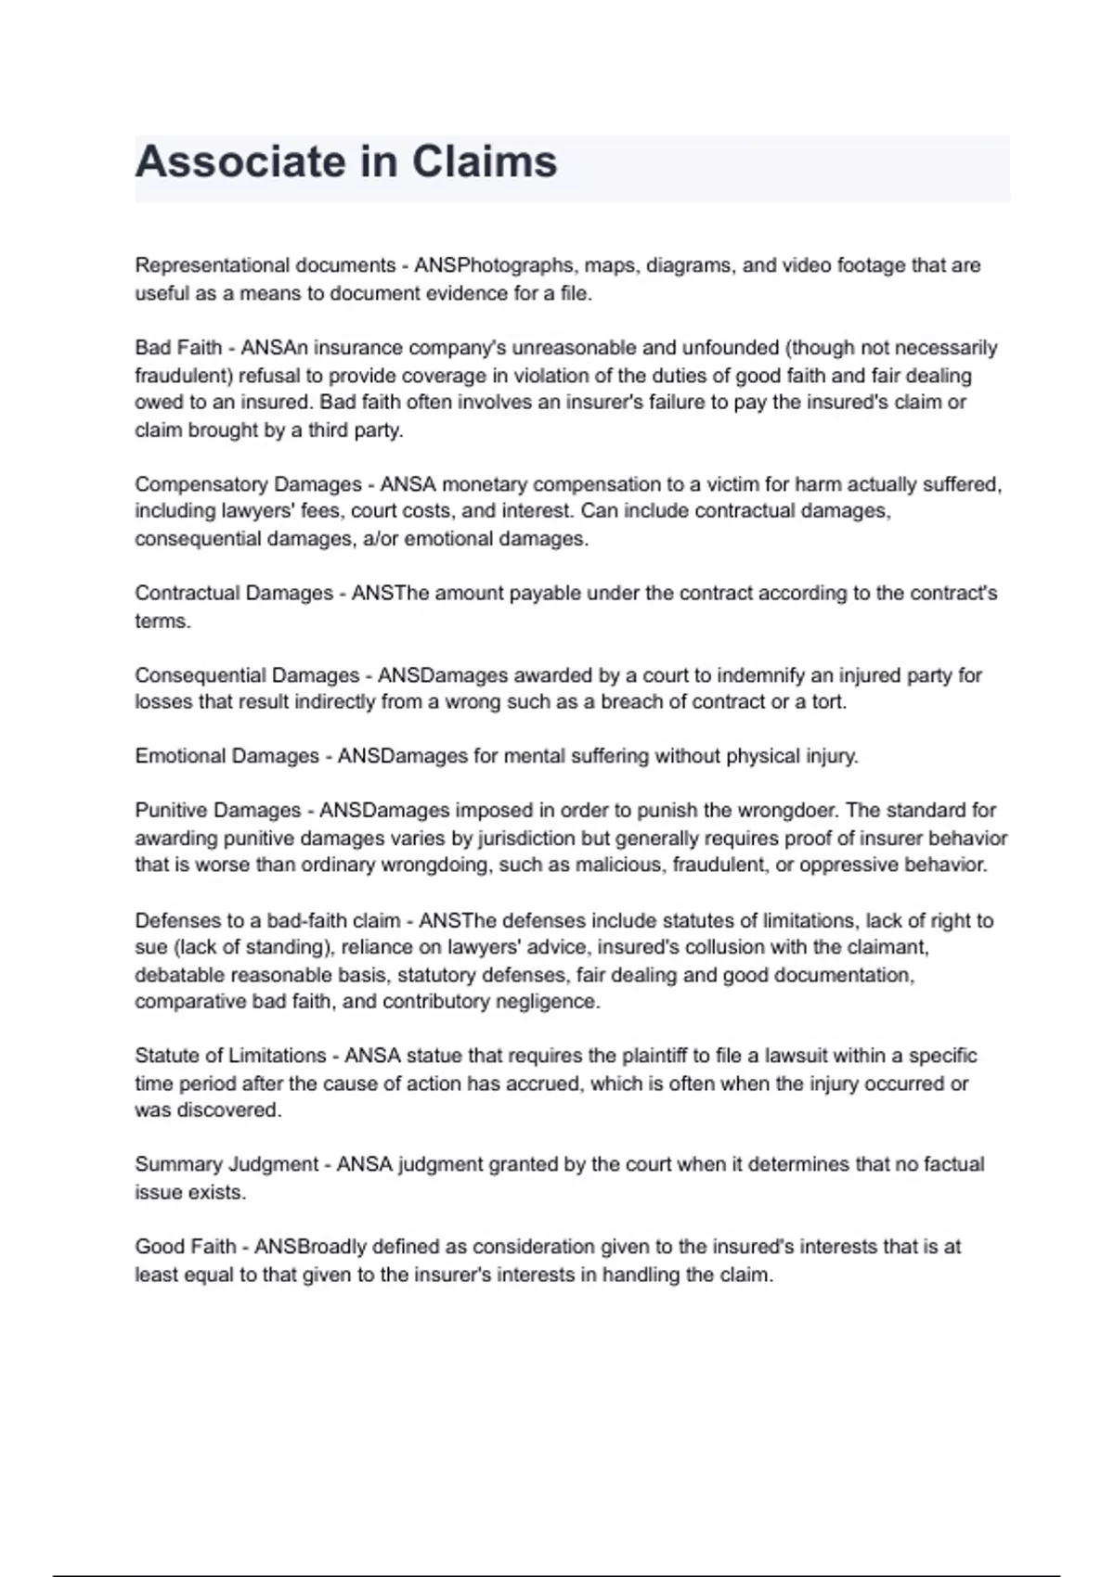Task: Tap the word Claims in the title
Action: [x=484, y=162]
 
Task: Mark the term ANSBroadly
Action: [x=311, y=1247]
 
